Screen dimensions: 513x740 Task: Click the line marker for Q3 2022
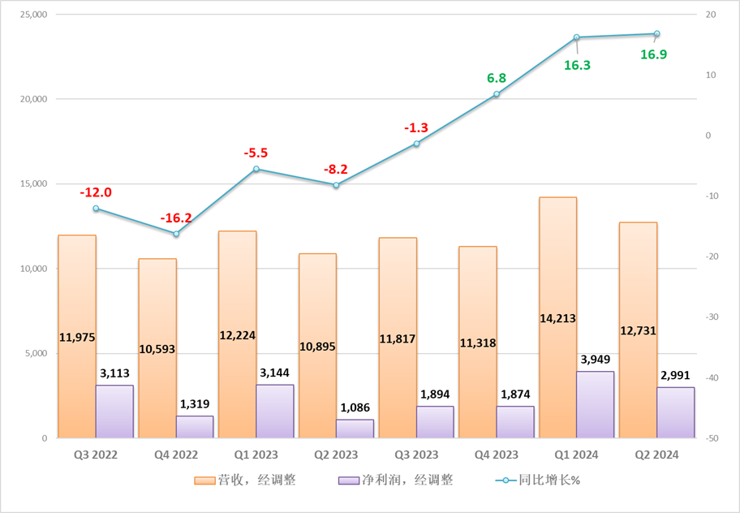pos(96,209)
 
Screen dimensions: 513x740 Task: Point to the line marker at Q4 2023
pos(497,94)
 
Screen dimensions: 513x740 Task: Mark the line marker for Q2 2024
pos(656,34)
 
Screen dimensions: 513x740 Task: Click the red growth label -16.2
pos(176,218)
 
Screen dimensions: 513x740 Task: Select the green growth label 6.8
pos(497,78)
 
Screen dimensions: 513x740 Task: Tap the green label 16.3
pos(577,66)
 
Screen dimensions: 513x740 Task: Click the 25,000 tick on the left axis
pos(30,15)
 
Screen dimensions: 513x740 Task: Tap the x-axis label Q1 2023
pos(256,455)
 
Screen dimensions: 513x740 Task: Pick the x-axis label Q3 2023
pos(416,455)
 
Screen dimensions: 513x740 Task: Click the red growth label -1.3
pos(416,127)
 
